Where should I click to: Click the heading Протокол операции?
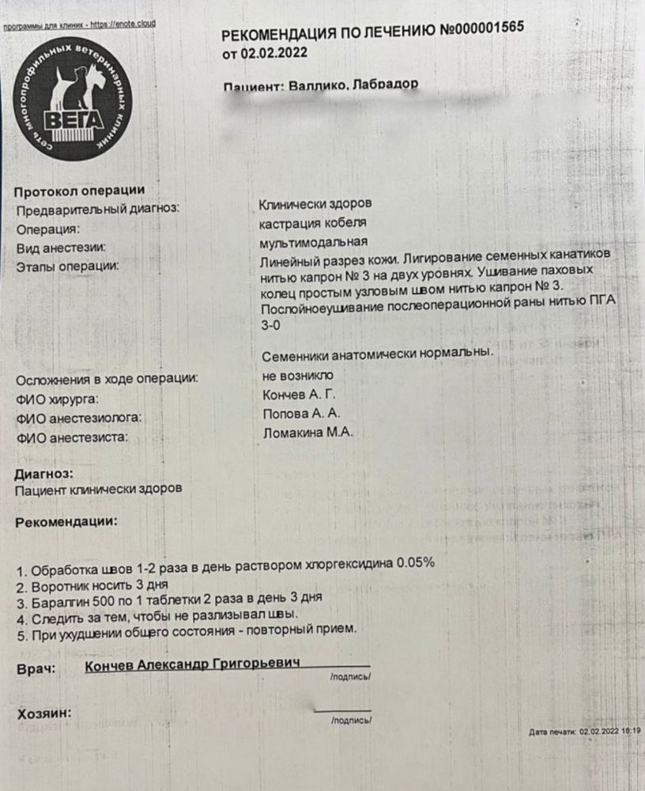79,190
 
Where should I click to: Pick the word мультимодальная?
313,242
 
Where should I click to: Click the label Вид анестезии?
65,247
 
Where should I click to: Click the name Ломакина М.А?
306,433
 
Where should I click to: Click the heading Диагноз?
44,474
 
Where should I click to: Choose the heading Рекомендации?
66,521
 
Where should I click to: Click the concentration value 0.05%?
414,562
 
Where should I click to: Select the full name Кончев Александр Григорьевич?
192,666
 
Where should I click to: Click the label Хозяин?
43,713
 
